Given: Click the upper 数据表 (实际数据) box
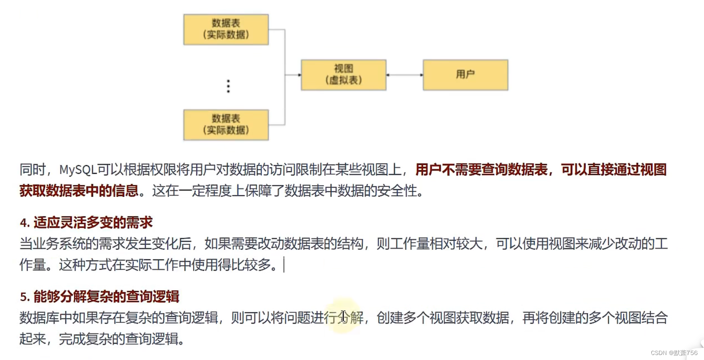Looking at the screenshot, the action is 226,29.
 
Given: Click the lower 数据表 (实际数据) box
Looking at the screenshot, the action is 226,124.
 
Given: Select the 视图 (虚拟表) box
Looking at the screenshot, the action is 343,75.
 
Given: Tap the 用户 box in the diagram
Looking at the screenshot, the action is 465,75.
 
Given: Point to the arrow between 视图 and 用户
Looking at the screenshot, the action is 404,75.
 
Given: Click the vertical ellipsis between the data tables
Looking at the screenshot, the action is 228,86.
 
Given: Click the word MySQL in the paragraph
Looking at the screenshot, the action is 78,170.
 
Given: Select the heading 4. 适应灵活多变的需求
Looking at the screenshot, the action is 86,223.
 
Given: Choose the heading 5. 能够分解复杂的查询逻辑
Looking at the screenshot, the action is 99,297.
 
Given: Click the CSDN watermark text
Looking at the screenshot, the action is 674,353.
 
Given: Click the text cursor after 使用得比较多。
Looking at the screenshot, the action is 284,265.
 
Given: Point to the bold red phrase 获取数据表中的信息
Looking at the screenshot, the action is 79,191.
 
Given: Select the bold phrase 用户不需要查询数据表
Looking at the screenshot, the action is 481,170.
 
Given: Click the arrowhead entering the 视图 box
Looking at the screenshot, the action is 299,75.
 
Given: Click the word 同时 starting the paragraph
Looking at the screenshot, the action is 32,170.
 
